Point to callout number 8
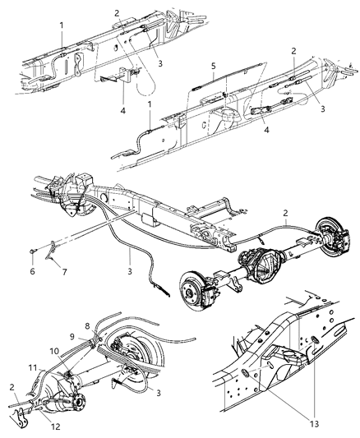tap(109, 327)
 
